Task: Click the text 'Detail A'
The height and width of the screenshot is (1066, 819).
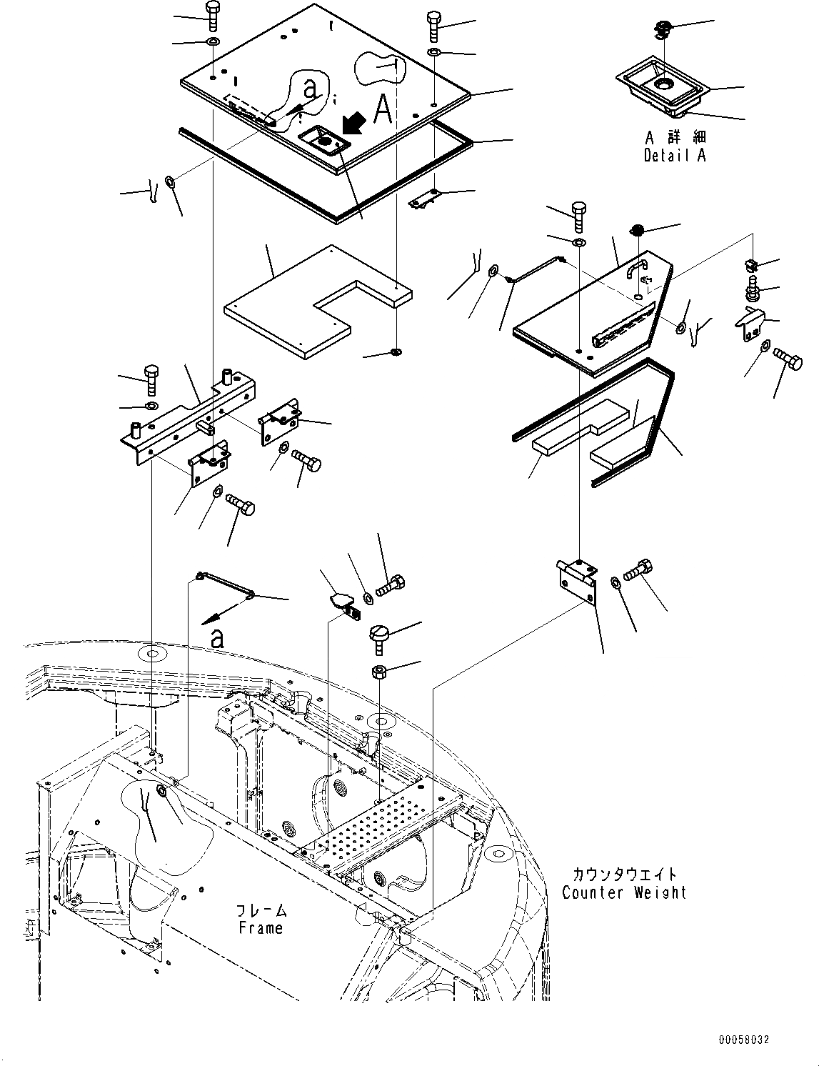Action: (x=674, y=156)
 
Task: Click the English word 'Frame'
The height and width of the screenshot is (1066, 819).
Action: (x=261, y=928)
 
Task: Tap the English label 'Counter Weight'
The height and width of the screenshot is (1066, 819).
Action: (x=624, y=892)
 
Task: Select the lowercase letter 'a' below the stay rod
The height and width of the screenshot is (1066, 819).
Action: (x=216, y=638)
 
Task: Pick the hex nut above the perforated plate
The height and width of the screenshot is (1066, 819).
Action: (x=379, y=672)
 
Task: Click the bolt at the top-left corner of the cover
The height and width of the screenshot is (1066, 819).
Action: (x=213, y=16)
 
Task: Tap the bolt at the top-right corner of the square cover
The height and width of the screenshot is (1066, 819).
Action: (x=434, y=27)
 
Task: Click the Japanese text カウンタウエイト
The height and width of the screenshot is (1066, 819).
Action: (x=623, y=875)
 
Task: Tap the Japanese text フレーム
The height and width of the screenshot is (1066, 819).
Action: (x=261, y=910)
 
